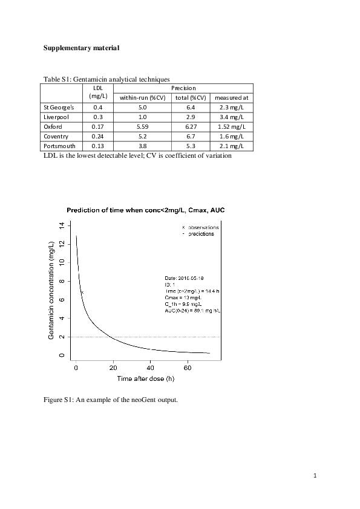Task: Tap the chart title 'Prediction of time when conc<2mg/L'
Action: tap(145, 210)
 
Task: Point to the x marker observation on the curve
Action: tap(82, 293)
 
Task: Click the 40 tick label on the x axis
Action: tap(150, 367)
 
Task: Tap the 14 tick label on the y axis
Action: tap(60, 225)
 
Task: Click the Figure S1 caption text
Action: tap(110, 399)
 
